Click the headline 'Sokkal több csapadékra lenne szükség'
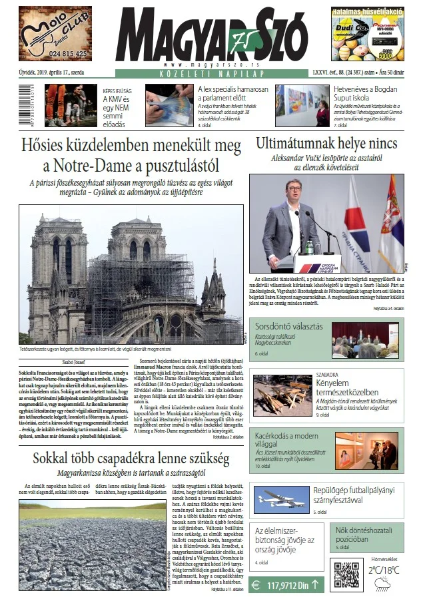[x=131, y=459]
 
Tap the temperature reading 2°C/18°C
[x=385, y=570]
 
